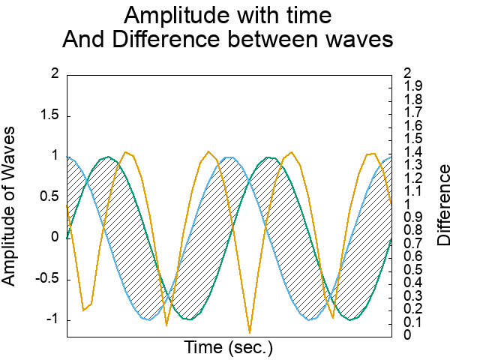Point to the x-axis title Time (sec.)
pyautogui.click(x=229, y=348)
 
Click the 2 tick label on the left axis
pyautogui.click(x=54, y=73)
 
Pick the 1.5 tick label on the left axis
pyautogui.click(x=49, y=116)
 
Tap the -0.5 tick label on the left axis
pyautogui.click(x=46, y=279)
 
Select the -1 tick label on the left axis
pyautogui.click(x=52, y=320)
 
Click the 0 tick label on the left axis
pyautogui.click(x=54, y=238)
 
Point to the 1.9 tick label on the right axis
pyautogui.click(x=412, y=87)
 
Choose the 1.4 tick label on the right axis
pyautogui.click(x=412, y=152)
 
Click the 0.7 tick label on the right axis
pyautogui.click(x=412, y=244)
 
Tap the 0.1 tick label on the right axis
pyautogui.click(x=412, y=322)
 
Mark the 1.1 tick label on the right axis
pyautogui.click(x=412, y=191)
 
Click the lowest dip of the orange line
pyautogui.click(x=250, y=331)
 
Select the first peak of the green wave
pyautogui.click(x=109, y=157)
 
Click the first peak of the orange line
pyautogui.click(x=125, y=151)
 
